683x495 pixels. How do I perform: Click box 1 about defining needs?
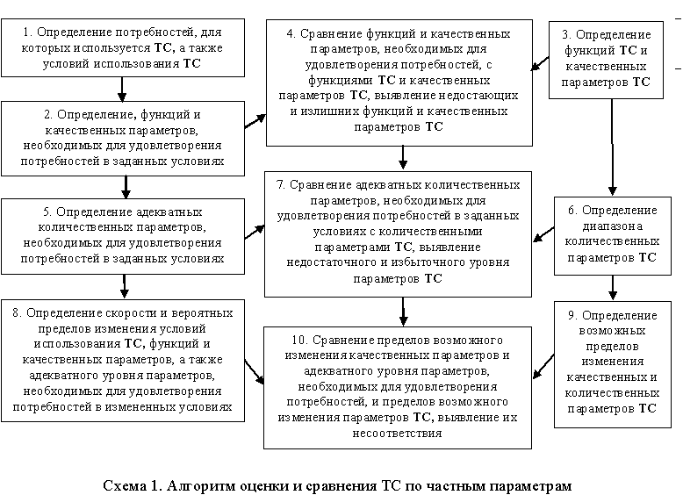tap(123, 48)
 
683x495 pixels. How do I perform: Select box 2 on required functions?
tap(123, 139)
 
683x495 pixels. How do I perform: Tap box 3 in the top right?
tap(606, 60)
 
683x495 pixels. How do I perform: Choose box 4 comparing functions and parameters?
tap(399, 82)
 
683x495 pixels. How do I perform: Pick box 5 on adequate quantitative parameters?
tap(123, 236)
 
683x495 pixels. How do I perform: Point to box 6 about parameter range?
tap(613, 236)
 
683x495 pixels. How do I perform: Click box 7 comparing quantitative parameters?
tap(399, 234)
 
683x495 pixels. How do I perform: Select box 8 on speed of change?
tap(123, 361)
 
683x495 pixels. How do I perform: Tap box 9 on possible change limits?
tap(613, 364)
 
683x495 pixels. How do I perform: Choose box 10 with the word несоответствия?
tap(398, 387)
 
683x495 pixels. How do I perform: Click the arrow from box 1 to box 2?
tap(122, 90)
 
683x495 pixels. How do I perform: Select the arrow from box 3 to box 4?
tap(540, 63)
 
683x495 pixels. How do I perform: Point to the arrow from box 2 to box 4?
tap(255, 121)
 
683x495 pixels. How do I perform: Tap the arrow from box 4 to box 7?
tap(403, 158)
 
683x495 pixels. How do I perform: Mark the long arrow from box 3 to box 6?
tap(612, 147)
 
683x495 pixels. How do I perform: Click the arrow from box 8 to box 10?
tap(255, 371)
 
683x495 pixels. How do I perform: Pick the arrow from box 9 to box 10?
tap(544, 366)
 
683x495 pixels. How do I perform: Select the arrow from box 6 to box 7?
tap(544, 234)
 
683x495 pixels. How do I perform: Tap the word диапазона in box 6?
tap(613, 226)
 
